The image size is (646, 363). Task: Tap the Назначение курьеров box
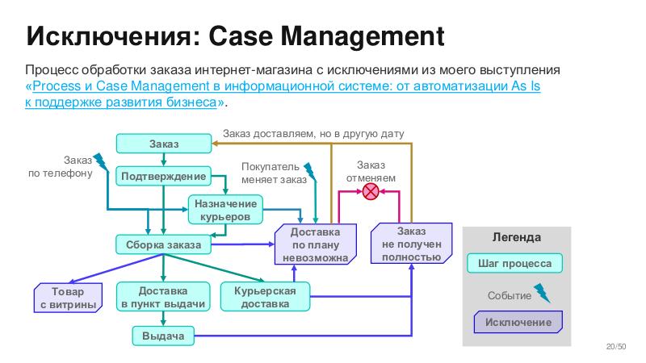coord(225,210)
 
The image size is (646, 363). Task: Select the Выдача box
coord(163,335)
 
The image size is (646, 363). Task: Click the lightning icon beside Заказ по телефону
coord(101,162)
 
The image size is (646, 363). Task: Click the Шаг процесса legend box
coord(516,264)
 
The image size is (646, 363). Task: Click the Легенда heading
coord(516,238)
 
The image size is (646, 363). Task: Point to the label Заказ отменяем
coord(371,171)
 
